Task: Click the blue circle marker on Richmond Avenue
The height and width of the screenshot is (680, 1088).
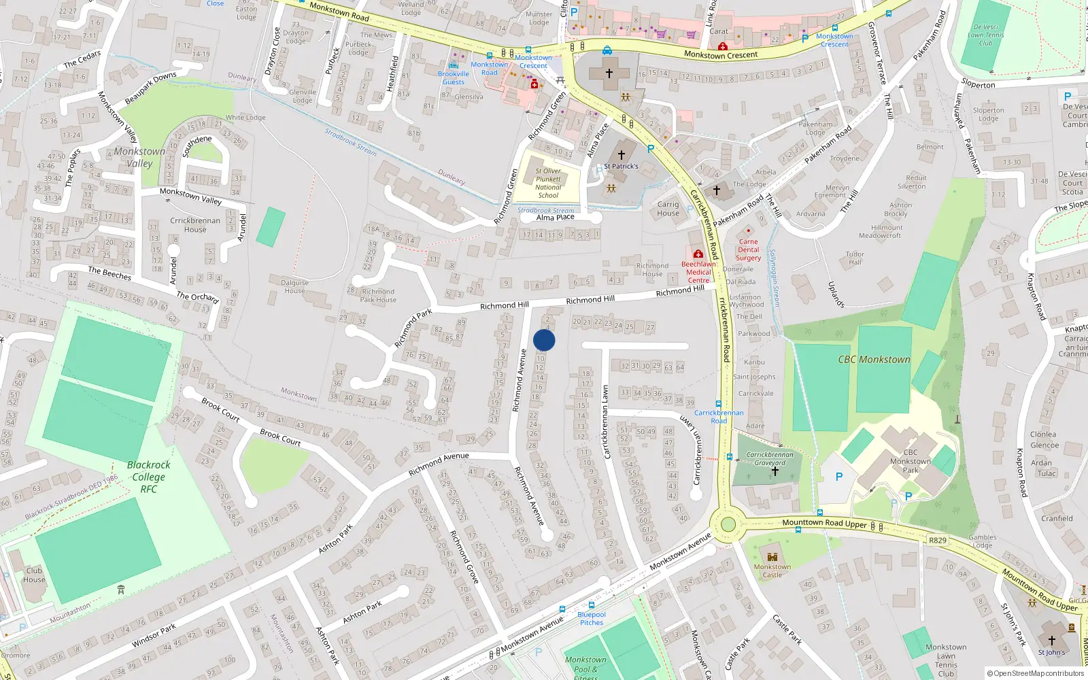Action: point(544,340)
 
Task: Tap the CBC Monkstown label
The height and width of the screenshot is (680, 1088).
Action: point(874,359)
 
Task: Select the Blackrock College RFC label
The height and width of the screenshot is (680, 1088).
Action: point(148,477)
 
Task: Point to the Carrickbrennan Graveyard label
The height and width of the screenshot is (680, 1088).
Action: point(770,458)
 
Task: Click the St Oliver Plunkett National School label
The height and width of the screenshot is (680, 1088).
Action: point(548,183)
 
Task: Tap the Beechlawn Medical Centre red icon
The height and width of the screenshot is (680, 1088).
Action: point(698,254)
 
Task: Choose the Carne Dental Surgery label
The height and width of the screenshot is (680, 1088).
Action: point(748,250)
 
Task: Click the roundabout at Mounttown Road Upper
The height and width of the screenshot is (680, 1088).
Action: point(728,524)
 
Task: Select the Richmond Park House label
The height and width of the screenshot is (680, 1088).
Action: point(377,295)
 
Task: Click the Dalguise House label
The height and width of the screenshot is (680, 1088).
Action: point(294,286)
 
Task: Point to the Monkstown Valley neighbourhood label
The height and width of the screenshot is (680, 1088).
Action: point(139,157)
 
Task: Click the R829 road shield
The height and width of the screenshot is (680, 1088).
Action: point(937,540)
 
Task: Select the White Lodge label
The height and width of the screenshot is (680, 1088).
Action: point(245,118)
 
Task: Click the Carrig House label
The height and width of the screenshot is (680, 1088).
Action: point(668,208)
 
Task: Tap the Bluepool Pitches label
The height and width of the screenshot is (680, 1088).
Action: point(591,618)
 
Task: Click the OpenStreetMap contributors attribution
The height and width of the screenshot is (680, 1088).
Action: point(1036,673)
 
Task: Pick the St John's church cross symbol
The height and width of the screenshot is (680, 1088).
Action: point(1051,641)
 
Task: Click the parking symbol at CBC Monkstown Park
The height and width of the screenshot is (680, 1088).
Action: point(838,477)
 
